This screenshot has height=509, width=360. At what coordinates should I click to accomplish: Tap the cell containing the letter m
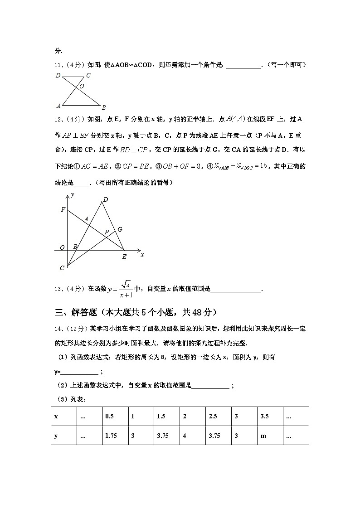click(x=270, y=436)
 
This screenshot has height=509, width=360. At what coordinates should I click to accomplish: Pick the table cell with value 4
click(x=192, y=436)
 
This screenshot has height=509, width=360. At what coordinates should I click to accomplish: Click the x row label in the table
click(x=63, y=416)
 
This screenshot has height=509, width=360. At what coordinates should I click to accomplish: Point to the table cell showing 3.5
click(x=270, y=416)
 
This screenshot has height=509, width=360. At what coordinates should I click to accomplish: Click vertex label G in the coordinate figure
click(x=120, y=229)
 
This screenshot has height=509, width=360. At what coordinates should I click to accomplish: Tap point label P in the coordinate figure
click(x=107, y=232)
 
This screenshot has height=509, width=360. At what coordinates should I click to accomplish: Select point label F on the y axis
click(x=63, y=209)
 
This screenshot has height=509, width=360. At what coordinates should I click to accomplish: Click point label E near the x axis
click(x=124, y=257)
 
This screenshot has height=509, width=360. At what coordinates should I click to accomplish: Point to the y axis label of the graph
click(x=72, y=194)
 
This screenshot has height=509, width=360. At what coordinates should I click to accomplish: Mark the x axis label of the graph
click(x=142, y=255)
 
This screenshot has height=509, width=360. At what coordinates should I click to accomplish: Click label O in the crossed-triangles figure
click(x=82, y=86)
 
